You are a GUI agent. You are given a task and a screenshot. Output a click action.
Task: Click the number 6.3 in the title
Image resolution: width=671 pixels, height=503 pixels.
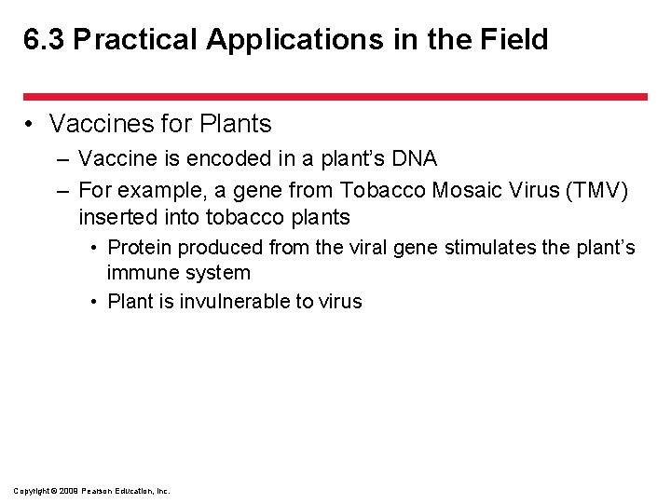click(x=44, y=40)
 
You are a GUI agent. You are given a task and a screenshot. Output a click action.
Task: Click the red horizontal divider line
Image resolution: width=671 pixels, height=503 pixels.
click(x=335, y=96)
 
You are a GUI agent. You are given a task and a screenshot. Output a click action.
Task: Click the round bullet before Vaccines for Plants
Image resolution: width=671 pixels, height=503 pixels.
click(x=31, y=124)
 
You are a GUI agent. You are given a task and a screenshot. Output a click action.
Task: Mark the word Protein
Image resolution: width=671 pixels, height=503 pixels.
click(x=139, y=248)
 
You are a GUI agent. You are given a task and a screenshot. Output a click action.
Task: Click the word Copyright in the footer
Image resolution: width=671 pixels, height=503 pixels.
click(x=31, y=490)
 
